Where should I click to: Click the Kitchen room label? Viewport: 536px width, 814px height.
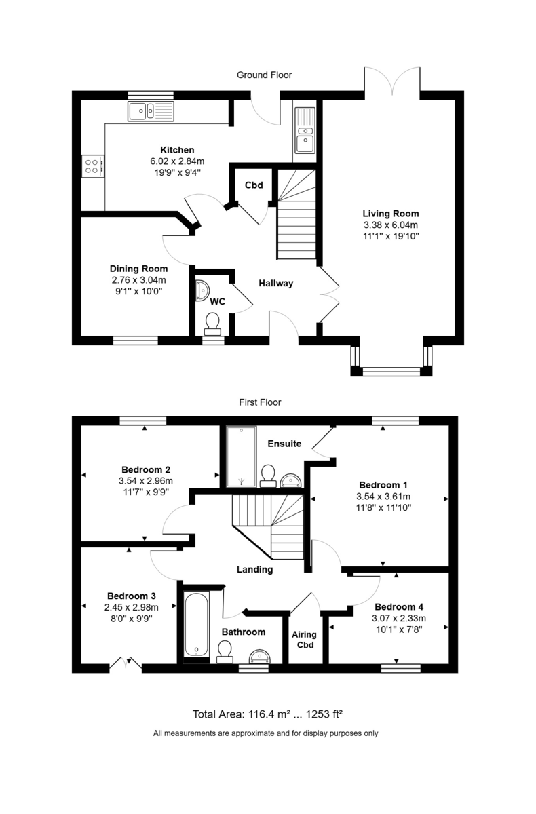[x=177, y=150]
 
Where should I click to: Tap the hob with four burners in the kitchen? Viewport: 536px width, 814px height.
[x=93, y=166]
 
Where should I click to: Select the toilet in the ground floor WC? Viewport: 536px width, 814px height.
[x=213, y=323]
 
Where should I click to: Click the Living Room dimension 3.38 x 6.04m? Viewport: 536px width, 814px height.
[x=391, y=225]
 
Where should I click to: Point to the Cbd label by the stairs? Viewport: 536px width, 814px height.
[x=254, y=185]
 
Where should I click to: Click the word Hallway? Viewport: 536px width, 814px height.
[x=275, y=284]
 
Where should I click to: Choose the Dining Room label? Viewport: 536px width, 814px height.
[x=139, y=269]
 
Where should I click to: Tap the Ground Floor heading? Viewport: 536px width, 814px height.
[x=265, y=75]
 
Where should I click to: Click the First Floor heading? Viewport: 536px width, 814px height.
[x=260, y=402]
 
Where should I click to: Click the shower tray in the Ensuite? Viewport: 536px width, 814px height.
[x=242, y=457]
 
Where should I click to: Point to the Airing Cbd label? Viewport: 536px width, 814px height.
[x=303, y=640]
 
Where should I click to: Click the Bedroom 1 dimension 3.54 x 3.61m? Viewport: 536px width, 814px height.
[x=383, y=496]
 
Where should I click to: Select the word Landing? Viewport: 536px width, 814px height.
[x=255, y=570]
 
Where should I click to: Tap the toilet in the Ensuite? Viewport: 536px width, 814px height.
[x=268, y=475]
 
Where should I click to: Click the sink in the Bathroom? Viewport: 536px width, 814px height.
[x=261, y=656]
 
